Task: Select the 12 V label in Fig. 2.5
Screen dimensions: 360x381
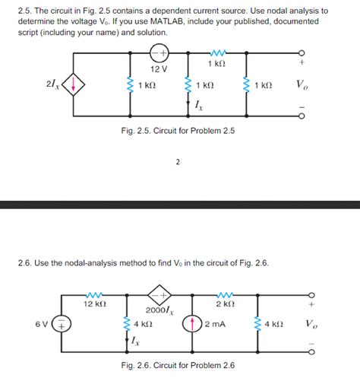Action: (x=158, y=69)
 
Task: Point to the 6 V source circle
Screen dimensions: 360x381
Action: (x=60, y=323)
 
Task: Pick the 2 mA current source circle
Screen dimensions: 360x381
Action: (x=192, y=323)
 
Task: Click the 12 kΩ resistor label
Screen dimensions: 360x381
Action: (x=95, y=303)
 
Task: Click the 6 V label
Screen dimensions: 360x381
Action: (x=41, y=323)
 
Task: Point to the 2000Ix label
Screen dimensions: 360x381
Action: (x=160, y=310)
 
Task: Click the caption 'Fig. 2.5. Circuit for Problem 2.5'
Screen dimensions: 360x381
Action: (x=178, y=131)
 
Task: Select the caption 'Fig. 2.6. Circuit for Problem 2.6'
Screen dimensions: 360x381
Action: (x=178, y=366)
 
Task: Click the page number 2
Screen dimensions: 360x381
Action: (x=178, y=162)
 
